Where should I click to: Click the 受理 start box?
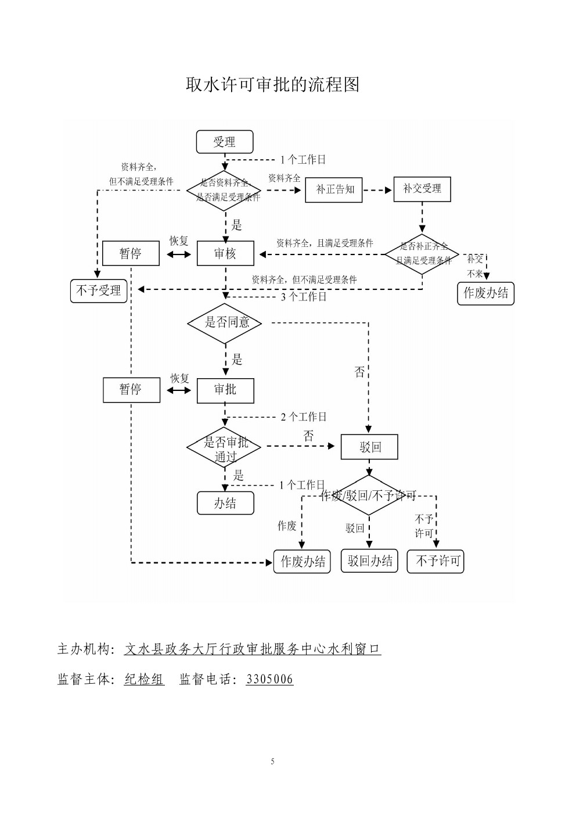(225, 142)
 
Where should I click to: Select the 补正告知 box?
(334, 189)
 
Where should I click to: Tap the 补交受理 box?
(422, 189)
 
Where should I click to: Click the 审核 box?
(225, 253)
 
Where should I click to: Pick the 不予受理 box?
(99, 290)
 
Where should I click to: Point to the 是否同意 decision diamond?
(225, 322)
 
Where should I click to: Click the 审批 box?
(225, 390)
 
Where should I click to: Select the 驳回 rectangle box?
(370, 447)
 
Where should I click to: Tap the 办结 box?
(225, 503)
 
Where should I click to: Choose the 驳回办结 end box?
(369, 561)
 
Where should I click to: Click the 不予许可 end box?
(435, 561)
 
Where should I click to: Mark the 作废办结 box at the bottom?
(302, 561)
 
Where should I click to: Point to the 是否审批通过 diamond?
(224, 447)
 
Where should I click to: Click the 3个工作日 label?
(304, 297)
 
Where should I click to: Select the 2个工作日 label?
(304, 417)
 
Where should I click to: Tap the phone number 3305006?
(269, 679)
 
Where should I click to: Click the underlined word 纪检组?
(144, 679)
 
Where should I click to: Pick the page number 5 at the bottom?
(272, 762)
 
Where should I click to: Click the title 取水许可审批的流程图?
(272, 85)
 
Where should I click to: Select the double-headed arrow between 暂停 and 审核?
(179, 254)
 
